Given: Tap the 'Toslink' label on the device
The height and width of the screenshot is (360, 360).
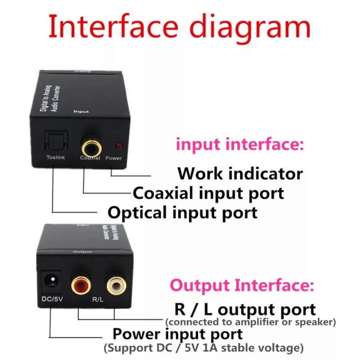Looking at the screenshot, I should pos(56,158).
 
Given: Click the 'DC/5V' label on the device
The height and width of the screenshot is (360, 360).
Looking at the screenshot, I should pos(52,299).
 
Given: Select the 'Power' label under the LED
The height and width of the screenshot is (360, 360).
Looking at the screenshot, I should pos(114,158).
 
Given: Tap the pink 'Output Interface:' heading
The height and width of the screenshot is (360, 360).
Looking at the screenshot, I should pos(242,286).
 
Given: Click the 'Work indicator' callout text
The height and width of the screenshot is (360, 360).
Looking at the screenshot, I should pos(240,174).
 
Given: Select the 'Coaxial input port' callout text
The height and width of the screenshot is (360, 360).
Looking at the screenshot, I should pos(208,193).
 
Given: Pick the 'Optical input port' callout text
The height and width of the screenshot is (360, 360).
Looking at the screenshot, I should pos(182,212).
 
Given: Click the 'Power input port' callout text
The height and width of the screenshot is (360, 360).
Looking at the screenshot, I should pos(177,334).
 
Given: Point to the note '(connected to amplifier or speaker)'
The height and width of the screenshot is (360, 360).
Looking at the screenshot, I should pos(250,322).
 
